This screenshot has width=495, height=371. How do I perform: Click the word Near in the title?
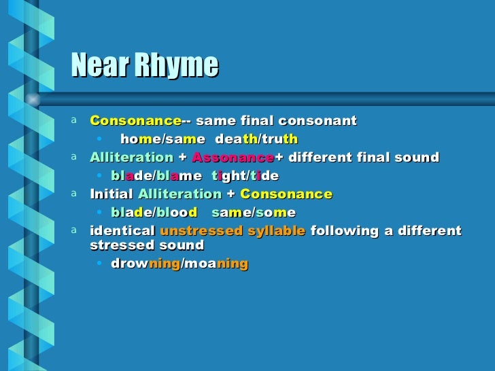tap(97, 66)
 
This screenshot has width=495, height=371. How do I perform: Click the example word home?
tap(138, 139)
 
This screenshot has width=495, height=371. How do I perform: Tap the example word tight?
tap(231, 176)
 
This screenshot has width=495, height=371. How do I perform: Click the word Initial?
tap(112, 194)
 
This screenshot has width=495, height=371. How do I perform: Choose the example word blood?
tap(177, 213)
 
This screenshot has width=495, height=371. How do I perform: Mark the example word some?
tap(275, 213)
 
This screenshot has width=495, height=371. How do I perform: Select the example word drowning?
tap(146, 264)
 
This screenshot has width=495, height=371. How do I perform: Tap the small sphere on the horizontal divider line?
tap(31, 99)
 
